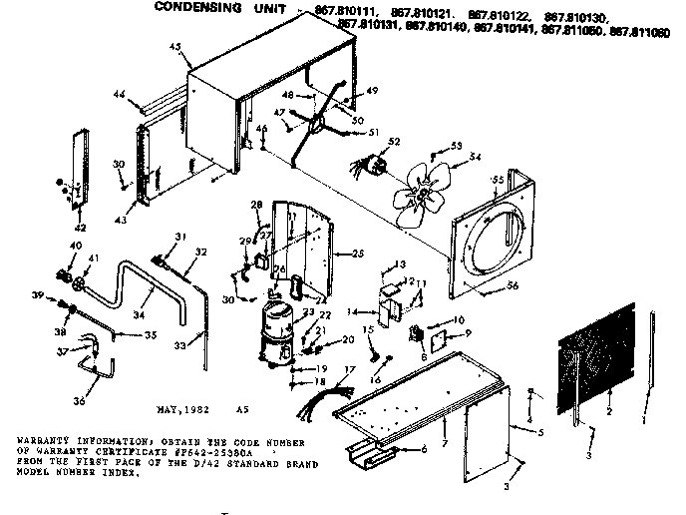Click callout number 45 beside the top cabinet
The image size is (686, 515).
(175, 46)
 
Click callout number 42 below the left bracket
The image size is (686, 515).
(80, 230)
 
